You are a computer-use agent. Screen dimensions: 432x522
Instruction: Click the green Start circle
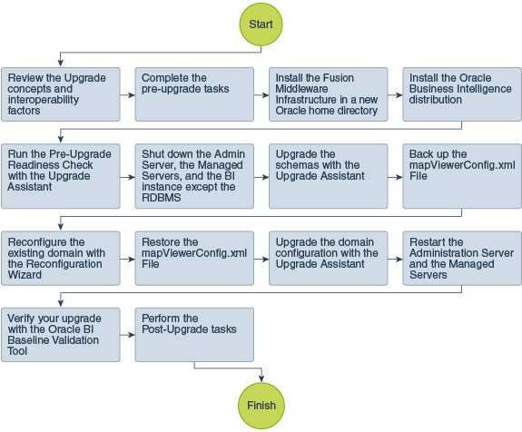[x=261, y=26]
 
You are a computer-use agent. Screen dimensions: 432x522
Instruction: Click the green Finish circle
[x=261, y=404]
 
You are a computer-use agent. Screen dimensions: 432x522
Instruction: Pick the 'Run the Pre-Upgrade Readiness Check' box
[x=60, y=175]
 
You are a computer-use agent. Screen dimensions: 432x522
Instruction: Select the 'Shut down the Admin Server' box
[x=194, y=175]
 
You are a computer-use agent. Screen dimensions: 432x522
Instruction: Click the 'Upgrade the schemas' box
[x=329, y=175]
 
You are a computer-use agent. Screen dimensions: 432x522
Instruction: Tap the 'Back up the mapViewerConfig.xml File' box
[x=462, y=175]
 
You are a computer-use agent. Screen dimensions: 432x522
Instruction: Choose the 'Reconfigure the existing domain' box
[x=60, y=257]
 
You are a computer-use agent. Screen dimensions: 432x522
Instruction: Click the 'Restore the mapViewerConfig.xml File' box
[x=194, y=257]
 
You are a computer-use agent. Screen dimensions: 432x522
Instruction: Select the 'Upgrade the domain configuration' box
[x=329, y=257]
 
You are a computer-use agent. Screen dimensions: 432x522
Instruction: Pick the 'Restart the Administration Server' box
[x=462, y=257]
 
